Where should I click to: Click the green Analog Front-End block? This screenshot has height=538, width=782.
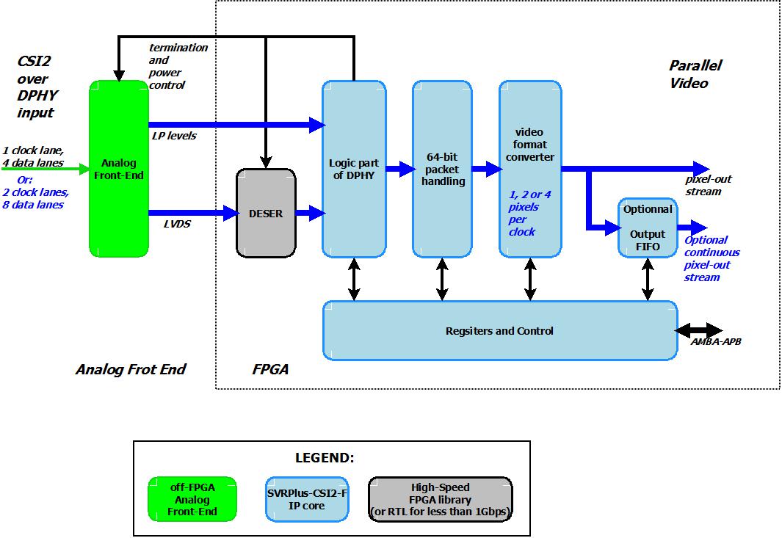click(118, 169)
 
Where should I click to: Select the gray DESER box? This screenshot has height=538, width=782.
click(265, 214)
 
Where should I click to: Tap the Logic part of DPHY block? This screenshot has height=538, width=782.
click(354, 169)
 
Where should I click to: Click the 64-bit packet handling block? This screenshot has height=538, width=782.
click(442, 169)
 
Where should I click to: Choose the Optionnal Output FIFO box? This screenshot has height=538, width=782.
click(648, 228)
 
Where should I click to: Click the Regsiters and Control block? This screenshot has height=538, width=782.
click(500, 331)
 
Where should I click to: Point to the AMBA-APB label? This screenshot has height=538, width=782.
click(715, 341)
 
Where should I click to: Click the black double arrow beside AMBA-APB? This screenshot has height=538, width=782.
click(699, 330)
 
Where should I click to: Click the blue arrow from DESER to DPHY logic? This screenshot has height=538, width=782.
click(309, 214)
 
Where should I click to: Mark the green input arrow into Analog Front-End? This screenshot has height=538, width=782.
click(44, 170)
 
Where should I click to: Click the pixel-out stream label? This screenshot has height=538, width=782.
click(708, 185)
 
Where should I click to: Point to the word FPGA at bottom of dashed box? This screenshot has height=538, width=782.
click(270, 369)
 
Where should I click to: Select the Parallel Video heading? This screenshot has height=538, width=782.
click(694, 74)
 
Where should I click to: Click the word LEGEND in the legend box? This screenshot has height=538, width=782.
click(324, 458)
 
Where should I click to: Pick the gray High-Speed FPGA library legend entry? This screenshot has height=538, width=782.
click(440, 499)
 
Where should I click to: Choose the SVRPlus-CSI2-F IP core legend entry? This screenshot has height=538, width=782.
click(306, 499)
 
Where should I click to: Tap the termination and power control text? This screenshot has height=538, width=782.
click(177, 66)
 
